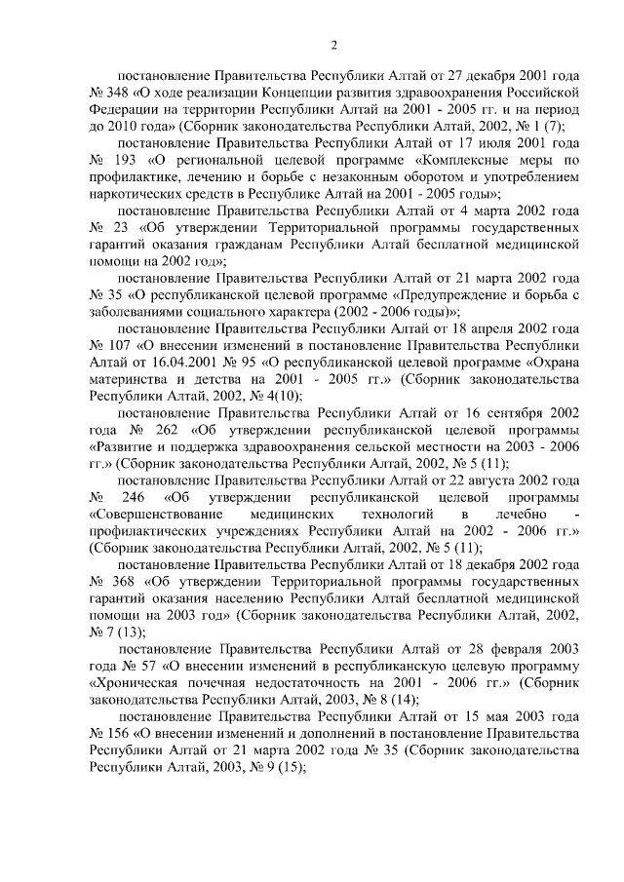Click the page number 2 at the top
point(333,43)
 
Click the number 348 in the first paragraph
point(123,93)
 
